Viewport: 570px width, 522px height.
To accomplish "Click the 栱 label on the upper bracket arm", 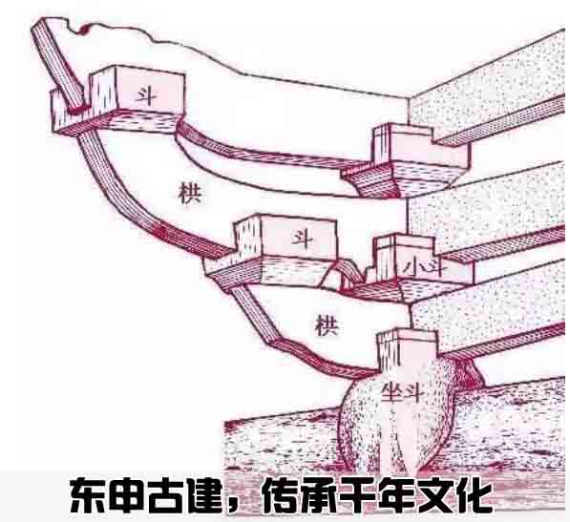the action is coord(189,193).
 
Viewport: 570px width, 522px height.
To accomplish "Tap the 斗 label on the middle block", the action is coord(303,239).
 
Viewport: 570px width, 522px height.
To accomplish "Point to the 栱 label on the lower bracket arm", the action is coord(327,324).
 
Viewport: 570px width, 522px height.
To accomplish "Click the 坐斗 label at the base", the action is coord(402,392).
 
